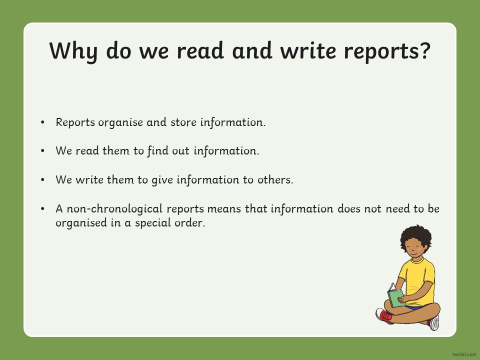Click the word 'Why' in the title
click(73, 51)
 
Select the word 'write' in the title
click(308, 50)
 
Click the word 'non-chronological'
click(114, 209)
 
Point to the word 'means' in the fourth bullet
click(224, 209)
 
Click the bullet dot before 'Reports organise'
click(42, 122)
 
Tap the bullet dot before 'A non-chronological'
click(42, 209)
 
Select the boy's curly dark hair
click(415, 236)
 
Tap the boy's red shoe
click(384, 316)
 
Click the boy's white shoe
click(434, 322)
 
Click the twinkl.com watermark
click(464, 354)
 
